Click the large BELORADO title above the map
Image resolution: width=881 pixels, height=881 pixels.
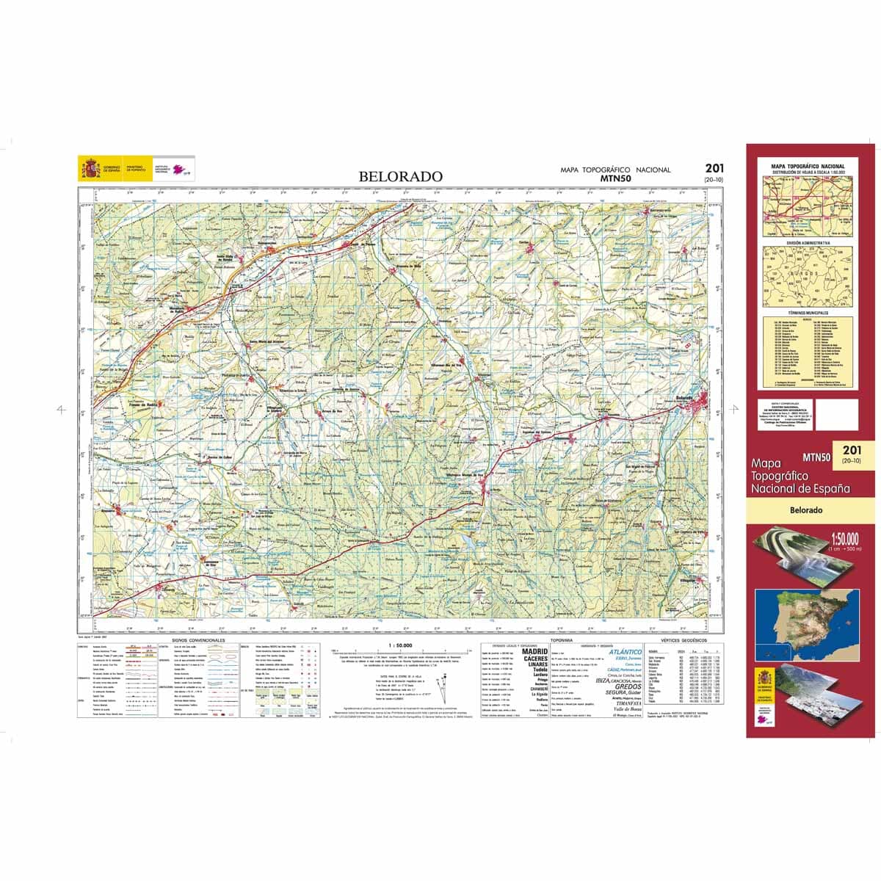pos(400,176)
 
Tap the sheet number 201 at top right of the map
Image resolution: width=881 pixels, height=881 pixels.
pos(713,169)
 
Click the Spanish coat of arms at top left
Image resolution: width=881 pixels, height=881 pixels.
pos(91,169)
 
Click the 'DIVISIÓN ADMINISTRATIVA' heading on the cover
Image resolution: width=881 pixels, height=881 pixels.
pos(807,242)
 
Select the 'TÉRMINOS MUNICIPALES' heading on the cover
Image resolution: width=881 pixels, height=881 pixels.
pos(807,313)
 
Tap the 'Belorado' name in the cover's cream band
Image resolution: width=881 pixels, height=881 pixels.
pos(806,510)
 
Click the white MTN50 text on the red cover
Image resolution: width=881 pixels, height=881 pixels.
pos(816,456)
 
